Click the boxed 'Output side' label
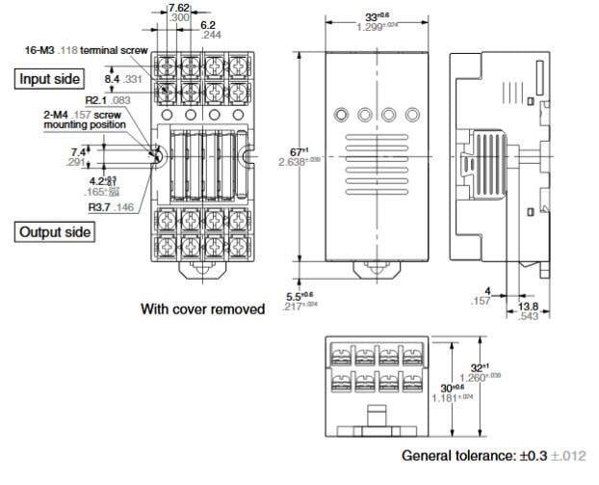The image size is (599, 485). click(x=55, y=231)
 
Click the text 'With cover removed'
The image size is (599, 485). click(x=202, y=309)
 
